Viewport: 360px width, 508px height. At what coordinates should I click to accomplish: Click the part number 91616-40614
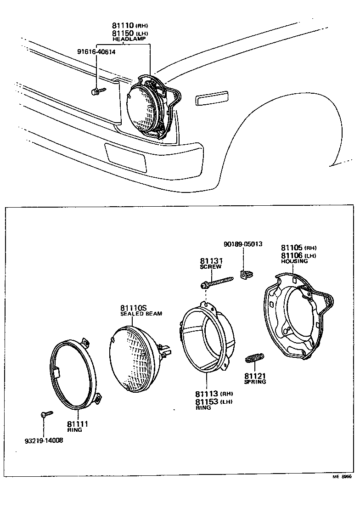[96, 52]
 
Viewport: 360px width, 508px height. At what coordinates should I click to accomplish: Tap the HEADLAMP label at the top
[129, 40]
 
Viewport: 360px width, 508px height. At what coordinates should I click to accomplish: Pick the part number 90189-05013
[243, 244]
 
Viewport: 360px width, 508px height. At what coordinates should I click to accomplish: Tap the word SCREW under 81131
[211, 266]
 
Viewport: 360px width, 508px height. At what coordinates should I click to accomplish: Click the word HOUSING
[294, 261]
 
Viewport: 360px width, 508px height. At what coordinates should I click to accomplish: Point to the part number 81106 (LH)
[298, 255]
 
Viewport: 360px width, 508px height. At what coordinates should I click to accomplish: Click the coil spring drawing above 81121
[255, 357]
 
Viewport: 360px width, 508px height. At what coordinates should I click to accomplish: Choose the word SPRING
[255, 382]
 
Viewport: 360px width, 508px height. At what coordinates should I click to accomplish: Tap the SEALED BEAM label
[141, 314]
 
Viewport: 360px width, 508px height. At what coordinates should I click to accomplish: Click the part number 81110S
[134, 308]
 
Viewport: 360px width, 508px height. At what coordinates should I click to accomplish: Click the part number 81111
[77, 424]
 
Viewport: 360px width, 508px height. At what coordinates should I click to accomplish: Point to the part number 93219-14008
[44, 440]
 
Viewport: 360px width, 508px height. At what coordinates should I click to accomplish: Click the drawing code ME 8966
[342, 477]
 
